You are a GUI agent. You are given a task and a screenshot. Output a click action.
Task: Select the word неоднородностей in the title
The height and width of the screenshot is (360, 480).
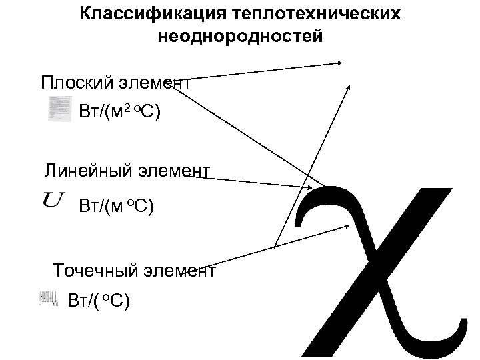(240, 36)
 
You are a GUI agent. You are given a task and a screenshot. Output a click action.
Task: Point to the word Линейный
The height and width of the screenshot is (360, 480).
(83, 171)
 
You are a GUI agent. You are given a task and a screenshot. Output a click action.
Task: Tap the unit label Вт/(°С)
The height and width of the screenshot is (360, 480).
(99, 300)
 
